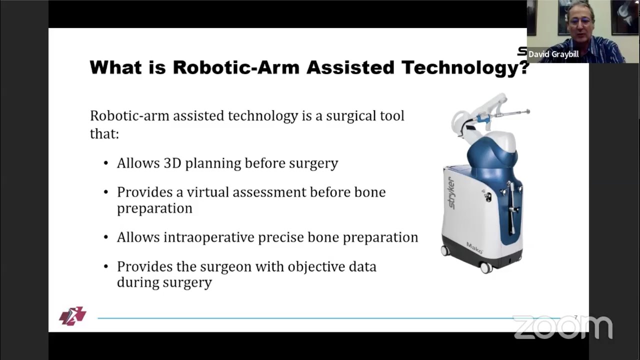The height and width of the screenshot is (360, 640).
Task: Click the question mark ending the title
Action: click(524, 67)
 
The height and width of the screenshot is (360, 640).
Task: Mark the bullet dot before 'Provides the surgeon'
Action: click(106, 267)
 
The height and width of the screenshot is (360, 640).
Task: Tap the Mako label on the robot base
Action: click(474, 246)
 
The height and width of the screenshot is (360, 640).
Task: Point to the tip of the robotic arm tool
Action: click(527, 112)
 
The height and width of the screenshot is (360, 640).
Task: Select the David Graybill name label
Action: click(553, 54)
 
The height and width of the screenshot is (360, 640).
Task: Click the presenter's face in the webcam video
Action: click(578, 22)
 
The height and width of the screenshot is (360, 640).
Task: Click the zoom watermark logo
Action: click(562, 327)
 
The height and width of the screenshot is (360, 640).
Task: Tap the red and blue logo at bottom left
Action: click(72, 316)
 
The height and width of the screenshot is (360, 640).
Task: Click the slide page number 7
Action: click(575, 317)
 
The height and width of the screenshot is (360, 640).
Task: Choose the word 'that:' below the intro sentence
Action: click(104, 134)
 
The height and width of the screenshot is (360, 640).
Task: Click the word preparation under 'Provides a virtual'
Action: click(154, 208)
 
